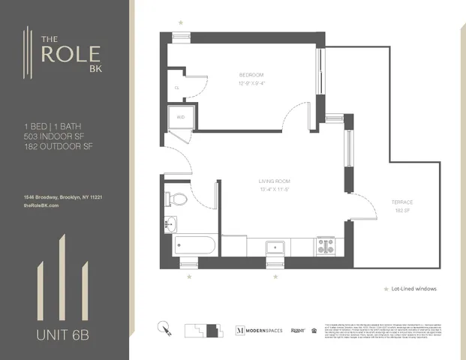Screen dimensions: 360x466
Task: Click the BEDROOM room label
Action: (x=251, y=75)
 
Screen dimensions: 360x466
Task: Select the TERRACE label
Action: (x=401, y=202)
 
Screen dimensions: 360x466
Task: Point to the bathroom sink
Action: (x=170, y=223)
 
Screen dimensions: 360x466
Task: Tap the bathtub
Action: (x=194, y=245)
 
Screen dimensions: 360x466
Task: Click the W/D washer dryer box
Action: (x=181, y=116)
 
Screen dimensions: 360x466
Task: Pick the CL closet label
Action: (x=177, y=88)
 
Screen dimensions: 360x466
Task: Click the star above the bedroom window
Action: (x=179, y=23)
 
